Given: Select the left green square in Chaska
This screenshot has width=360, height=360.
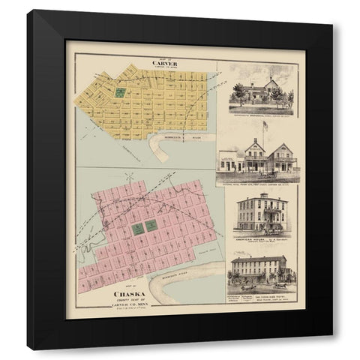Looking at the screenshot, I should point(138,225).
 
